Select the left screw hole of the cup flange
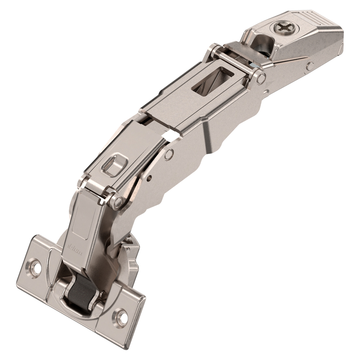click(36, 267)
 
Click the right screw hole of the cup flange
click(122, 318)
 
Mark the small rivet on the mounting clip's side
click(310, 66)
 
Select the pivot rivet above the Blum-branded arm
click(117, 202)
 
